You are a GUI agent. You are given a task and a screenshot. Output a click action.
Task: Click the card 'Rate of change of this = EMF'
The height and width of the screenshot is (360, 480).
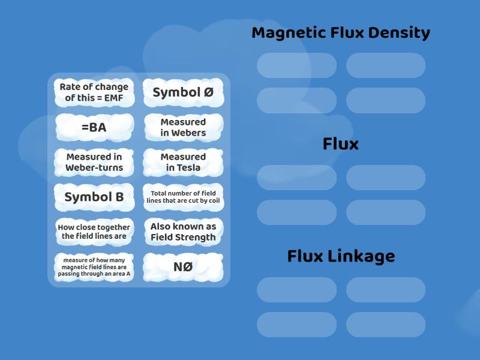point(94,92)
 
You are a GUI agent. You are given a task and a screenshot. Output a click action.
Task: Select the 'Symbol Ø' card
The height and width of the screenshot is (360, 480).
point(183,92)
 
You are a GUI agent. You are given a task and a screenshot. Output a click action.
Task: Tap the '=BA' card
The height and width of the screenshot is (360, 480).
point(94,127)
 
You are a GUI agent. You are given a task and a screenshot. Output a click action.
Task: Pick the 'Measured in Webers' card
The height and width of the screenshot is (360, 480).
point(183,127)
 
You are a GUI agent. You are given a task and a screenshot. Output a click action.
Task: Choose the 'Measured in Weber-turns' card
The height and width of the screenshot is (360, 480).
point(94,162)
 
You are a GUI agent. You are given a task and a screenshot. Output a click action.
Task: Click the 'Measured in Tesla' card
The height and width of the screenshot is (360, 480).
point(183,162)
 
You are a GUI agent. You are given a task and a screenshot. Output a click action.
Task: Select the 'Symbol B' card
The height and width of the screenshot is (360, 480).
point(94,197)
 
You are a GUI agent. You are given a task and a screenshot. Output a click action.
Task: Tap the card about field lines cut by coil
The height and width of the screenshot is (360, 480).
point(183,197)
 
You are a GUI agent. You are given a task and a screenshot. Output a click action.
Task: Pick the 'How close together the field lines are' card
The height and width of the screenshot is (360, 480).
point(94,232)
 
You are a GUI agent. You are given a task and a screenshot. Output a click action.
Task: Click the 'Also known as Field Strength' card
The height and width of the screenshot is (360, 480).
point(183,232)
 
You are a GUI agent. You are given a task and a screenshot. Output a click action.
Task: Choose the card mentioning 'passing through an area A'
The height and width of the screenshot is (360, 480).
point(94,266)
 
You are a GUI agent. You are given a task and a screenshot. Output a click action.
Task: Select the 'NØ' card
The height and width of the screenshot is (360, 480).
point(183,266)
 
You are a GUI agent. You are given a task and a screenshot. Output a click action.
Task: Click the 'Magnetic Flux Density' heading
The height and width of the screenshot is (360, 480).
point(340,33)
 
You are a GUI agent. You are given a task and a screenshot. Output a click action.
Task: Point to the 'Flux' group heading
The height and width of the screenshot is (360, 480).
point(340,144)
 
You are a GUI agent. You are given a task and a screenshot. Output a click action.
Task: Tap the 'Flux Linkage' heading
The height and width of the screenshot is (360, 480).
point(340,256)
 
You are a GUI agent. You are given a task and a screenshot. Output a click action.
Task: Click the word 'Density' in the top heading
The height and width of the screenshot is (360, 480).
point(399,33)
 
